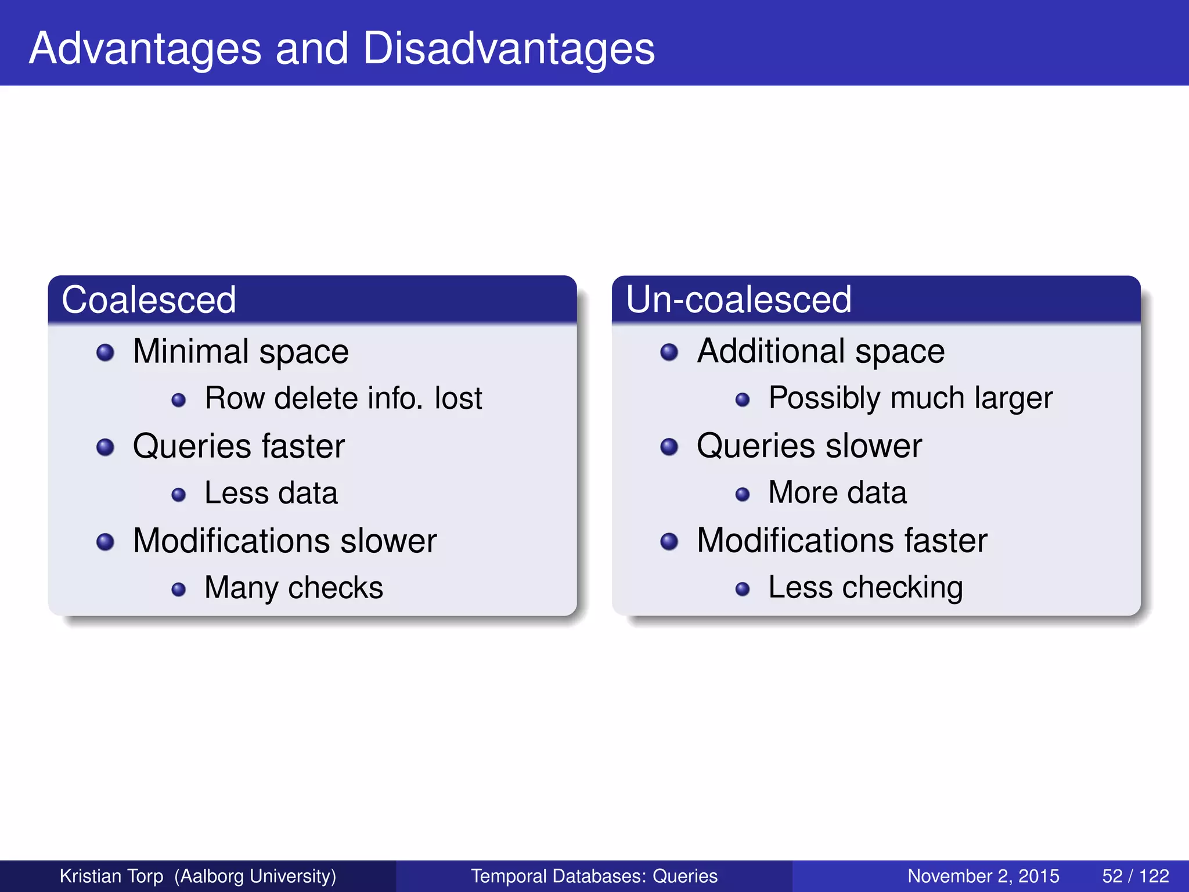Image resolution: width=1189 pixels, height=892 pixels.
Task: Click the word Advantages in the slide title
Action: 145,49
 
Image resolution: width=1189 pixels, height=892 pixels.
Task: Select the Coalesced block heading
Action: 149,300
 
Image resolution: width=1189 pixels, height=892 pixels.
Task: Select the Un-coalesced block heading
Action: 738,300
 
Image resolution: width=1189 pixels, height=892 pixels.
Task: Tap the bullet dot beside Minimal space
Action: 105,353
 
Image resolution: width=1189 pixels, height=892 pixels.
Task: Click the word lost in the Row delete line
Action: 458,398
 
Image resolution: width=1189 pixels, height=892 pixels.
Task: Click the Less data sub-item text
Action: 271,493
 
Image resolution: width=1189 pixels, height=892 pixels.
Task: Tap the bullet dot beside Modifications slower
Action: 105,542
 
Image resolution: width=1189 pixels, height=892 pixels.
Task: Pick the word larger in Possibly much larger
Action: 1013,398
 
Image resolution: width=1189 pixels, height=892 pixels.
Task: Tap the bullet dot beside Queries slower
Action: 669,447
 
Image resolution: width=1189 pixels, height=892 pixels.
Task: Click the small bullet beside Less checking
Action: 742,589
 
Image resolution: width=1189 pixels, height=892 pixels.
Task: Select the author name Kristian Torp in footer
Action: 111,876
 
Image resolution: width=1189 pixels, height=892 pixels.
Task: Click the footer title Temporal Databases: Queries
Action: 594,876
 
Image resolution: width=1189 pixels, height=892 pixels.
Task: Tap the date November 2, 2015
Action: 983,876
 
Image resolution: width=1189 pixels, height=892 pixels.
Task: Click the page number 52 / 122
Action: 1135,876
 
